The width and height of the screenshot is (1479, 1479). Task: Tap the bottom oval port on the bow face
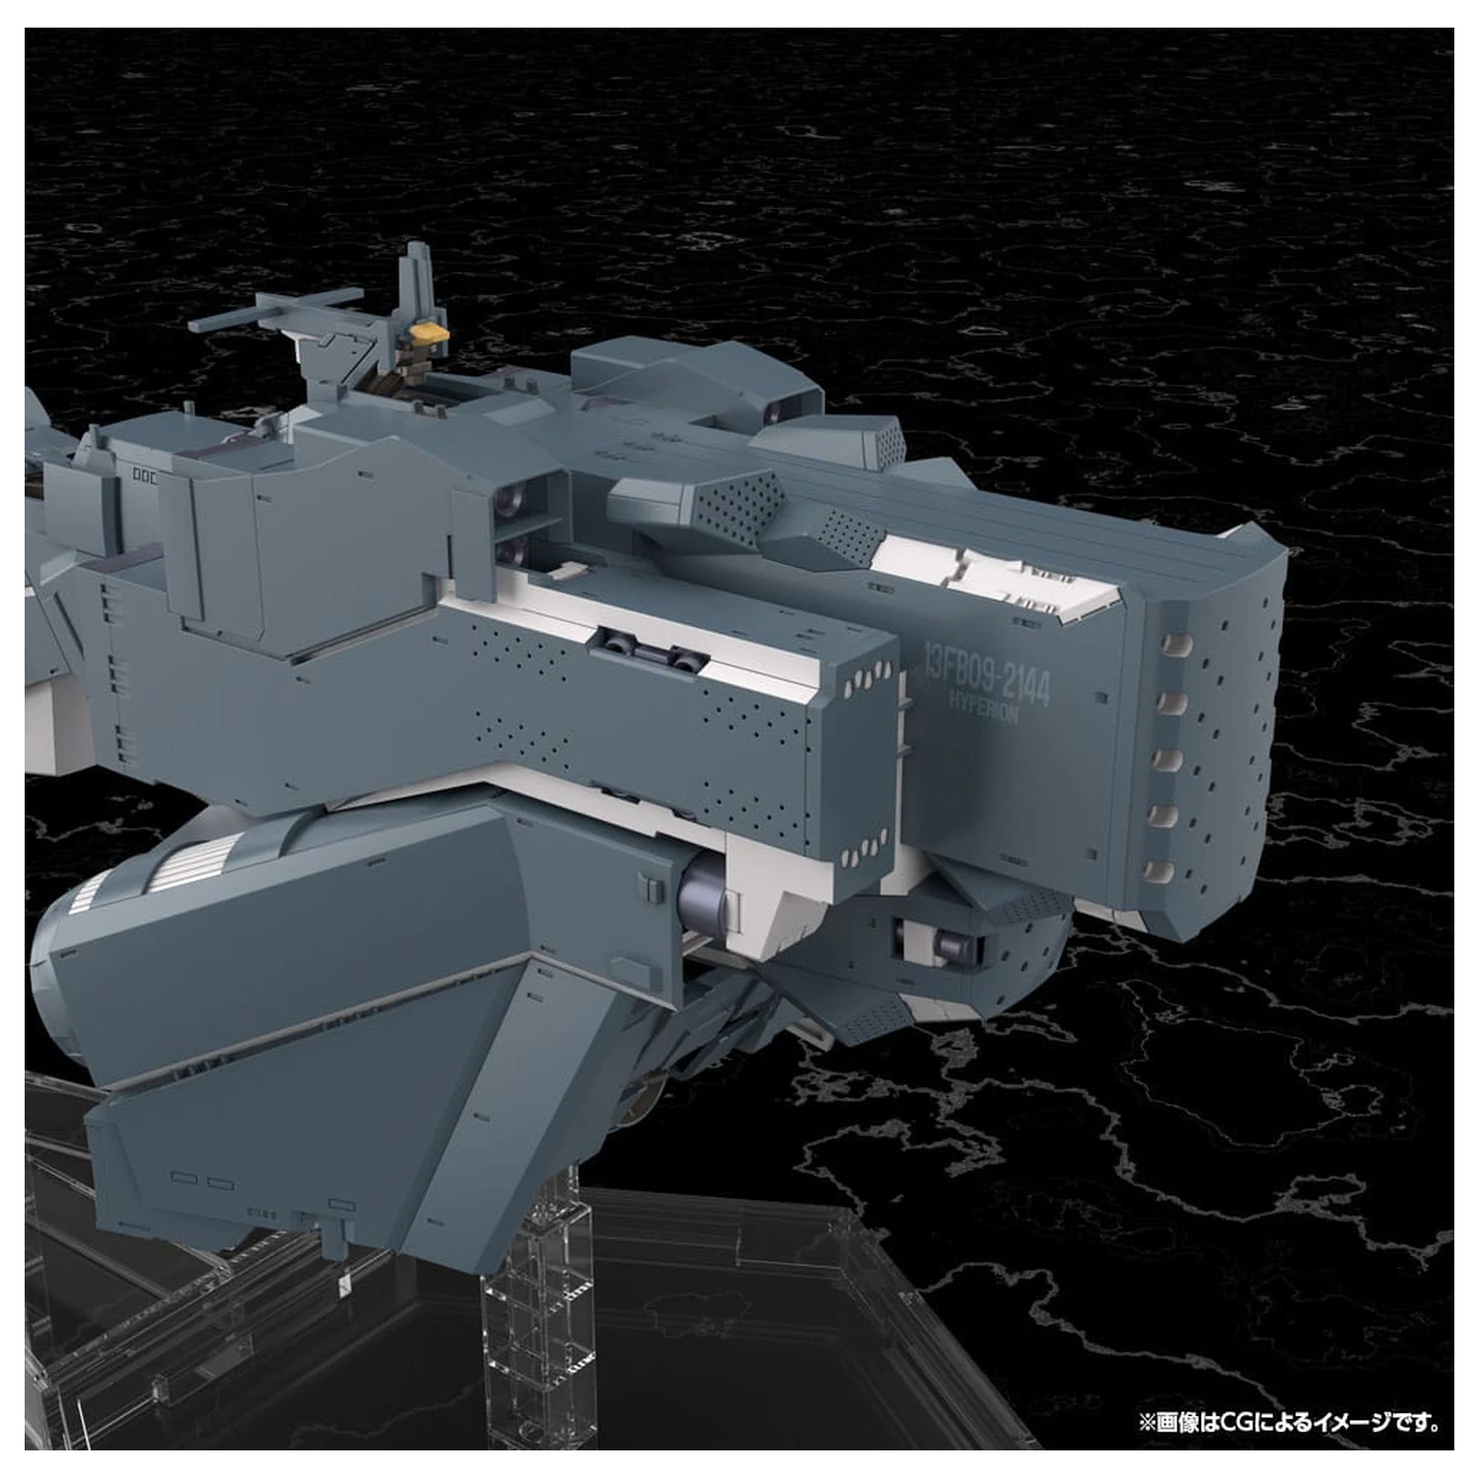tap(1163, 872)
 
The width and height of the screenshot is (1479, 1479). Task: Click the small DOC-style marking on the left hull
tap(145, 474)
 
